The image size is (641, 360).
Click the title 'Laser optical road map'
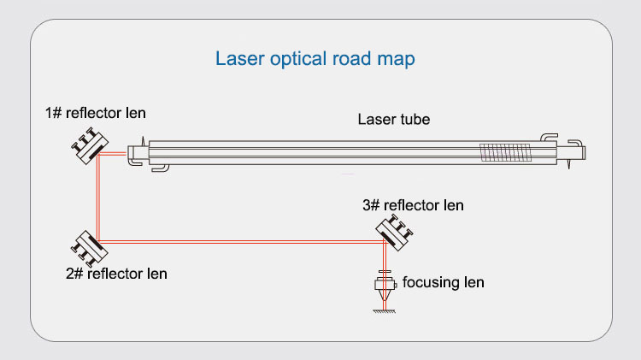(315, 61)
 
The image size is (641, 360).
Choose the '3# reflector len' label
(413, 205)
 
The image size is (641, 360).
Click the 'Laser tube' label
(393, 120)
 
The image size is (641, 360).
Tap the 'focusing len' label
(443, 281)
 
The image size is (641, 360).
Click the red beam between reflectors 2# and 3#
(239, 242)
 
